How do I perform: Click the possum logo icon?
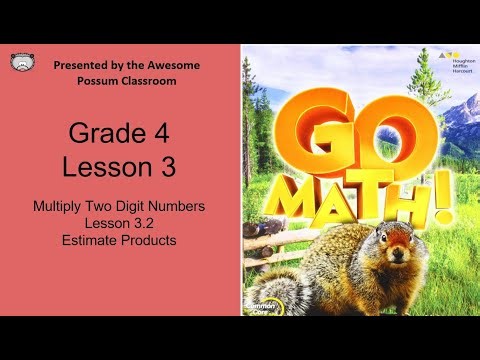[20, 63]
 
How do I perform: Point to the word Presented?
[84, 65]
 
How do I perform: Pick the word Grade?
[111, 133]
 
